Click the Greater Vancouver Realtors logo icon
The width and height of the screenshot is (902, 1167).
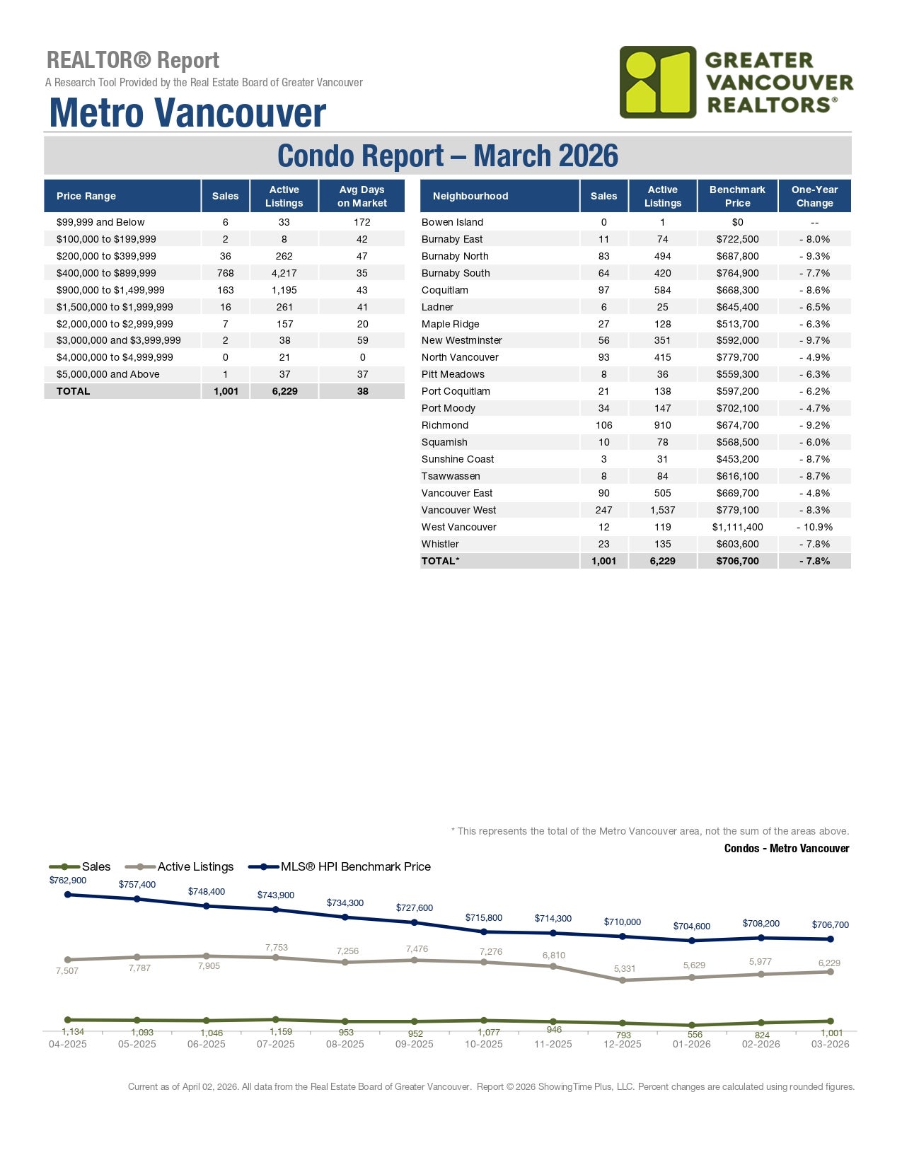coord(658,82)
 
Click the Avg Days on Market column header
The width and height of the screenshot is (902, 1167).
coord(362,196)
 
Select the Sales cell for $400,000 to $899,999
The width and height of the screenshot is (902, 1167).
coord(225,273)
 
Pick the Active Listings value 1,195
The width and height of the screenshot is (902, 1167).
coord(284,290)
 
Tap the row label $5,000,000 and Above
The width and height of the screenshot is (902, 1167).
coord(108,374)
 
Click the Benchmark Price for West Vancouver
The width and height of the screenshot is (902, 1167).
coord(737,527)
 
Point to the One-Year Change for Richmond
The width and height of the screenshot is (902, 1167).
coord(814,425)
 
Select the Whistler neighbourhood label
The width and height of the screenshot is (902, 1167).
coord(440,544)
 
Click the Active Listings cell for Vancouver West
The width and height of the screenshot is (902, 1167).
coord(662,510)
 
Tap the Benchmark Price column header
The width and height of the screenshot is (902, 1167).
coord(737,196)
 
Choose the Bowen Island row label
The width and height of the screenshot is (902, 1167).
coord(452,222)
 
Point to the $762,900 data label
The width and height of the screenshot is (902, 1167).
coord(68,881)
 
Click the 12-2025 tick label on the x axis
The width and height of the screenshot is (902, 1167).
coord(623,1044)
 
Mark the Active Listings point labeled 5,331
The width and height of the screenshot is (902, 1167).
coord(623,980)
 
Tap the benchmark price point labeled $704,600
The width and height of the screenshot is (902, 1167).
coord(692,941)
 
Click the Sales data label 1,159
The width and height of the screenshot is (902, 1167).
coord(281,1032)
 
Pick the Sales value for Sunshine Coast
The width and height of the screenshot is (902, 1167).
coord(603,459)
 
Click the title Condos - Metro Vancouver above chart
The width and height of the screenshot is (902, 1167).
coord(786,848)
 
